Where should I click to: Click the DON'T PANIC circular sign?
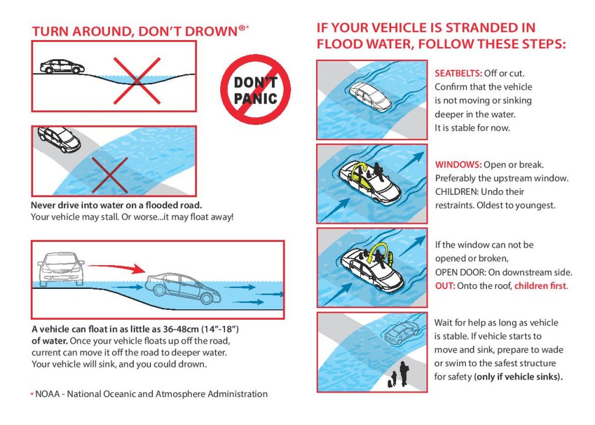point(255,90)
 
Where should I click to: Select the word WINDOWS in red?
point(456,165)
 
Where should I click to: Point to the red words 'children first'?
point(540,286)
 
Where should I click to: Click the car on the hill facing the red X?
point(63,66)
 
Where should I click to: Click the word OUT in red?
point(444,286)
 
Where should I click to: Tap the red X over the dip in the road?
point(136,80)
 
